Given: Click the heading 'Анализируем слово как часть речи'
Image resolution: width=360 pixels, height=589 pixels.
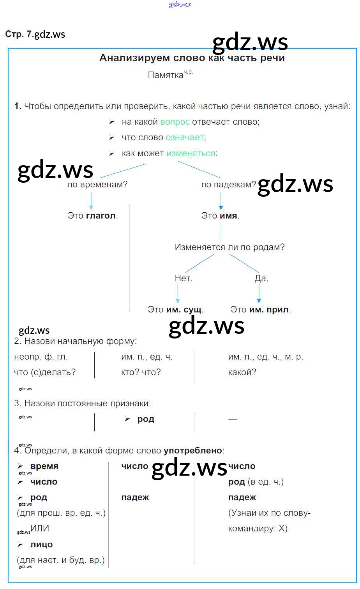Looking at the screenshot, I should point(192,58).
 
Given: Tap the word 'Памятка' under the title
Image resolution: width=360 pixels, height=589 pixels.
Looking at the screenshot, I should point(166,75).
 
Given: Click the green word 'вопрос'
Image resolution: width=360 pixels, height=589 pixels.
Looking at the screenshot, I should point(175,122).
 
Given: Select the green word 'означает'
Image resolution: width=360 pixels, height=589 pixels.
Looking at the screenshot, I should point(185,138).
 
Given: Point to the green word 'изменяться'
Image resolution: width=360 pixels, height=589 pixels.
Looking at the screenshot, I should point(191,153).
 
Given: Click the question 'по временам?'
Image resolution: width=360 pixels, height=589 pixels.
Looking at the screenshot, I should point(97,185).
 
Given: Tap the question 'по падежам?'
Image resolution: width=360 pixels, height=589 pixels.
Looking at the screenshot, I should point(229,185).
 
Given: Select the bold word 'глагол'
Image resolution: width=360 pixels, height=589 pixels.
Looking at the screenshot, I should point(101,216).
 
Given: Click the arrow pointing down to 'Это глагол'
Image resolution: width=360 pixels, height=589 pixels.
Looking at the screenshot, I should point(91,201).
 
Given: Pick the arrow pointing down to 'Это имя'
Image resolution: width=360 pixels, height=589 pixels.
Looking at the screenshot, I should point(221,201).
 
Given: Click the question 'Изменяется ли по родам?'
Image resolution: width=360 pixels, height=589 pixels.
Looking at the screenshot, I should point(229,247).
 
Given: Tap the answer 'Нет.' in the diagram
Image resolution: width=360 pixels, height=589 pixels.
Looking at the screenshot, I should point(184,279).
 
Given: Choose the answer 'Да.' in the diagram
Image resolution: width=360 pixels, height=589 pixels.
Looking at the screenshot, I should point(261,279).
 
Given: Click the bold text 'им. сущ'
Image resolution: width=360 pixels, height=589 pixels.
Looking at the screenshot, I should point(184,310).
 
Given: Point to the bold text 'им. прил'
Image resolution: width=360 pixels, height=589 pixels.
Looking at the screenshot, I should point(269,310).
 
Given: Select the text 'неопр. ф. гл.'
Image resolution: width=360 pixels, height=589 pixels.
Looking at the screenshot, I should point(41,357).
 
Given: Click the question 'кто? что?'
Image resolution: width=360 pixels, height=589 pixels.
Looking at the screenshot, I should point(141,372).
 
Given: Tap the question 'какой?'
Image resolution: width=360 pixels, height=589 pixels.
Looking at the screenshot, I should point(242,372).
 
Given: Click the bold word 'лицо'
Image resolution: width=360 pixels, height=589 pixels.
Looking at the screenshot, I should point(41,545).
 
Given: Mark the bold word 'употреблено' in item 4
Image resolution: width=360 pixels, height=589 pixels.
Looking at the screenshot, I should point(193,451).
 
